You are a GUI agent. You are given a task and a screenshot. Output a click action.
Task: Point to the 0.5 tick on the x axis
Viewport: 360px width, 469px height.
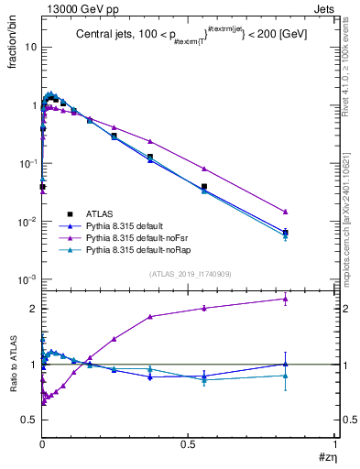pos(189,443)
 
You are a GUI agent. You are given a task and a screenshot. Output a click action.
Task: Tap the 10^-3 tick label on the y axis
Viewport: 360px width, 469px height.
pos(27,279)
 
